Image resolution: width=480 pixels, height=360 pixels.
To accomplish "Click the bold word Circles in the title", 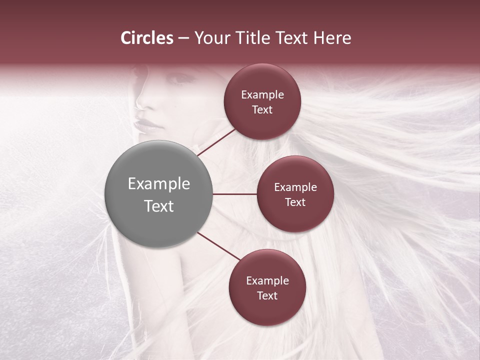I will point(146,38).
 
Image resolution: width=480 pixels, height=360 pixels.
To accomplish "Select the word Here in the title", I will point(332,38).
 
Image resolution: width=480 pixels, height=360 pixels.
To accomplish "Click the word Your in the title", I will point(212,38).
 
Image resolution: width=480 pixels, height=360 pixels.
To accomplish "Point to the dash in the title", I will point(183,38).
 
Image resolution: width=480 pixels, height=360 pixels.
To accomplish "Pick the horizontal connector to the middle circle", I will point(234,194).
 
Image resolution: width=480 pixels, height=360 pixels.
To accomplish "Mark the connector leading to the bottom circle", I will point(218,246).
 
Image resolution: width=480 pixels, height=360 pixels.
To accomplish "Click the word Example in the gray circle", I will point(159,184).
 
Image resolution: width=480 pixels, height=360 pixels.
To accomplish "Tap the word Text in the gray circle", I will point(159,206).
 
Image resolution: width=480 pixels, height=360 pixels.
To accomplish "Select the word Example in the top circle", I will point(262,95).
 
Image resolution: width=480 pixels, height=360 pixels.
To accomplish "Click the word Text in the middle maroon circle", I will point(295,202).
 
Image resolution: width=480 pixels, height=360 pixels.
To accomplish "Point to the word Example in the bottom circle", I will point(267,281).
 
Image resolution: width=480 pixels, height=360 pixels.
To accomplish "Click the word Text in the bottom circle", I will point(267,296).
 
